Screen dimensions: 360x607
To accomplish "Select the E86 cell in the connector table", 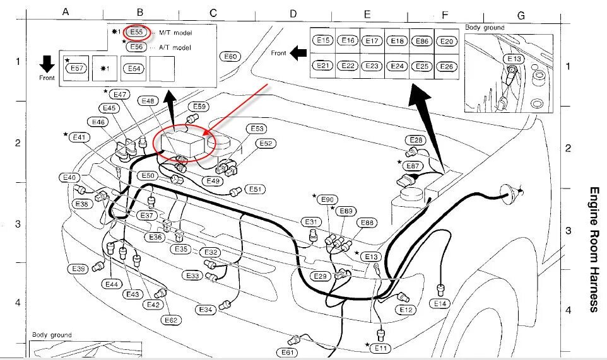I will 422,41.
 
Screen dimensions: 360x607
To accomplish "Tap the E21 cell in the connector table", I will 324,66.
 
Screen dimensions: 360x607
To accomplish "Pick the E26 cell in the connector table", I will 446,66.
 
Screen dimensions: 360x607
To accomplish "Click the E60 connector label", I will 230,57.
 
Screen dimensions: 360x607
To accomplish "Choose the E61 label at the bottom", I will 288,352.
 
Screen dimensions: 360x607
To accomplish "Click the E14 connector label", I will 440,303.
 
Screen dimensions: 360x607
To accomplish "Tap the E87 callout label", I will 413,166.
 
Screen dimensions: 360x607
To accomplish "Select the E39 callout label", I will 78,269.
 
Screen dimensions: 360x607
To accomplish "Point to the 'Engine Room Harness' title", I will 594,249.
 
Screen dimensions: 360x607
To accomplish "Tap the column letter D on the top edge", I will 293,13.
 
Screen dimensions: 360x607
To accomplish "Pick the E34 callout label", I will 206,310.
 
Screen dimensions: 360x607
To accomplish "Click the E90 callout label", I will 327,200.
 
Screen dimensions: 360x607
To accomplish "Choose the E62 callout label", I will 171,320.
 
